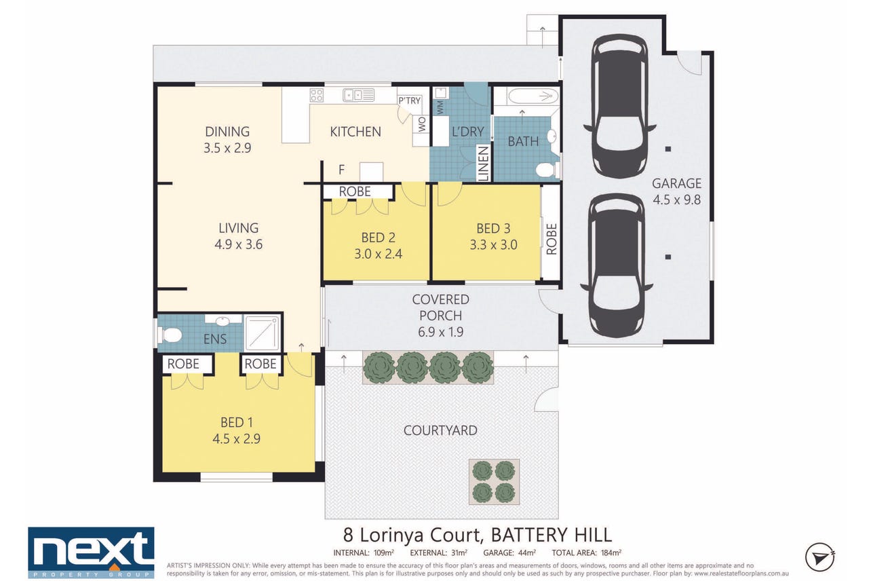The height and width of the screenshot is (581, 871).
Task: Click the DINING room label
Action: [x=227, y=132]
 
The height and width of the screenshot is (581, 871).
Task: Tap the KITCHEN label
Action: [x=355, y=132]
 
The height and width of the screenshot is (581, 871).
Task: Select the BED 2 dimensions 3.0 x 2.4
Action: [x=378, y=254]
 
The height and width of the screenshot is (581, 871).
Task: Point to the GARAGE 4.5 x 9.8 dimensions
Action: [x=676, y=200]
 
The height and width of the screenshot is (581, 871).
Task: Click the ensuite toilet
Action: [x=170, y=335]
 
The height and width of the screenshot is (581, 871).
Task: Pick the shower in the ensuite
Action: [x=262, y=332]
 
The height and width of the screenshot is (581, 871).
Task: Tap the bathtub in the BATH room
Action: [x=533, y=96]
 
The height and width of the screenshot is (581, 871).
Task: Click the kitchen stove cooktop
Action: [x=317, y=95]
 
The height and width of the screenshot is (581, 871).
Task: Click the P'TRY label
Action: [x=410, y=100]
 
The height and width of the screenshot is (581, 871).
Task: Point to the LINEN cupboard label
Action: [x=483, y=164]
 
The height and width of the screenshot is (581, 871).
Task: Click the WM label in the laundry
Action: [x=440, y=107]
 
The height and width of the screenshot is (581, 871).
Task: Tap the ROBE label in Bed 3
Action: [x=551, y=239]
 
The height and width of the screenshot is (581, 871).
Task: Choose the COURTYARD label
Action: [x=440, y=430]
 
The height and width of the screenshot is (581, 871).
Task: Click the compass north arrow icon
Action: [x=819, y=557]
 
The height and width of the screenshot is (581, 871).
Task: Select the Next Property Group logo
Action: [x=91, y=552]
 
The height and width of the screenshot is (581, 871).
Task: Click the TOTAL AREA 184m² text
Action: [x=586, y=552]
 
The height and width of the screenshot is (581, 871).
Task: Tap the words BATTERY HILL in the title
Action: [x=551, y=535]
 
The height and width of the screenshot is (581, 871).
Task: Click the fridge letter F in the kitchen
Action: [x=341, y=170]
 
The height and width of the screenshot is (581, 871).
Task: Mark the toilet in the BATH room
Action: [x=546, y=170]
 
